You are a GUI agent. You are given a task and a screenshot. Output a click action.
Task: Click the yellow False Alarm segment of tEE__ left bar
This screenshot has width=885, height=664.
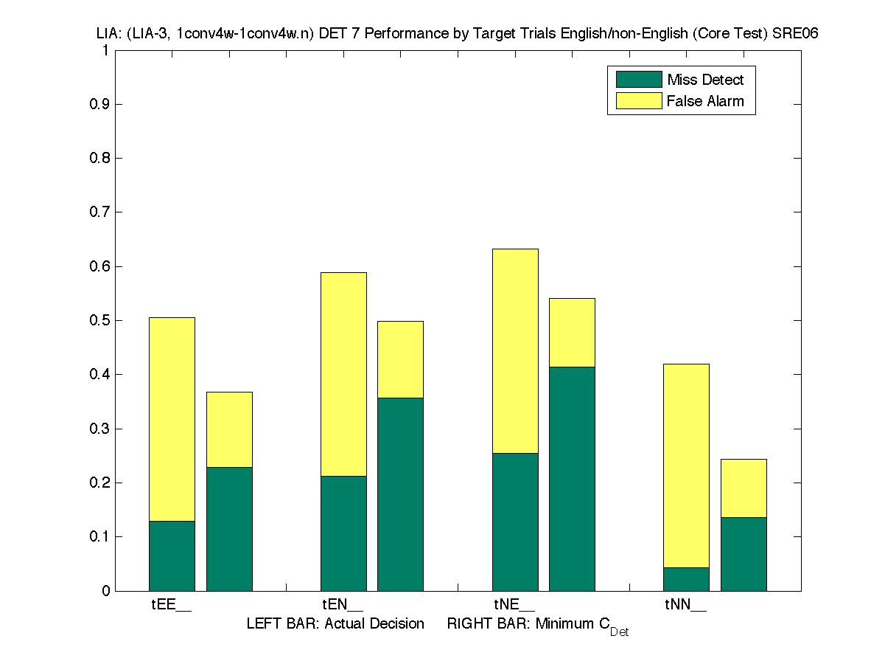click(x=172, y=419)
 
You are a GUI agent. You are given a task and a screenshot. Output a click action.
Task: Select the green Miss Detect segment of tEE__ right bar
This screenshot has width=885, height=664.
click(x=229, y=528)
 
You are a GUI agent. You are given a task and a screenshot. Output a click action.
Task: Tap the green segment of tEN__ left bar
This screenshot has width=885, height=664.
click(x=343, y=533)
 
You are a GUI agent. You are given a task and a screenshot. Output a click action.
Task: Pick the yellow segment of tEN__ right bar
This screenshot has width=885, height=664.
click(x=400, y=359)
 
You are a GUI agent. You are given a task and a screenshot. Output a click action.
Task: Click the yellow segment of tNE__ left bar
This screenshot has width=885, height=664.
click(x=515, y=351)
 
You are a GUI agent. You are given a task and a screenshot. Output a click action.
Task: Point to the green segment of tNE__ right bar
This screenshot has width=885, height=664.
click(x=572, y=478)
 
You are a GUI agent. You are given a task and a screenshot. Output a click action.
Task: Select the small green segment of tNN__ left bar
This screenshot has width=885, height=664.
click(x=686, y=578)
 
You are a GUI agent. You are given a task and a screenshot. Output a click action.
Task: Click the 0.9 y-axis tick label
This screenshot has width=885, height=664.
click(x=100, y=105)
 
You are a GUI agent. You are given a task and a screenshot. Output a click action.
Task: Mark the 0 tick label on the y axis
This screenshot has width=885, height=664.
click(x=106, y=591)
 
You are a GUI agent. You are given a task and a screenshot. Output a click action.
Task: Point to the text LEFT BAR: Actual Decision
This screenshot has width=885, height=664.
click(x=335, y=624)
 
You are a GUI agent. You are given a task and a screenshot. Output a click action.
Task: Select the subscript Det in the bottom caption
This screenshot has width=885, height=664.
click(x=619, y=632)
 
